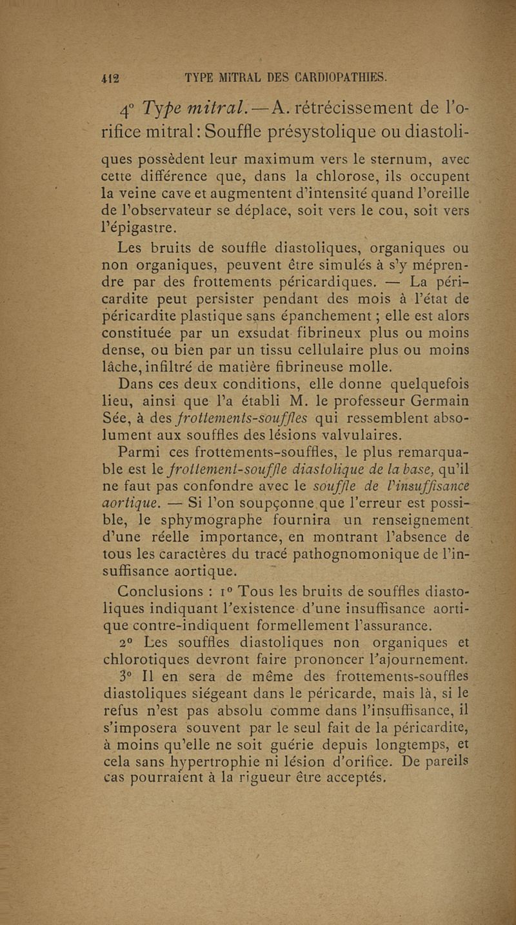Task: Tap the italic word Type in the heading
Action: pos(163,104)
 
